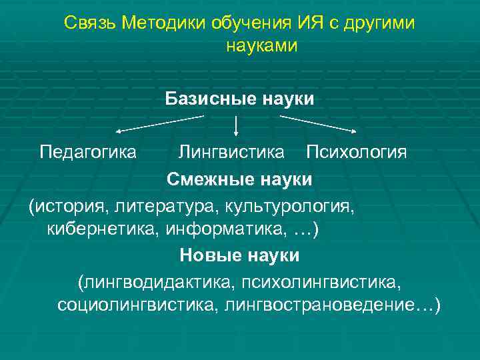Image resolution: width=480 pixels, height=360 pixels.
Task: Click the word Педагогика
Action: click(88, 153)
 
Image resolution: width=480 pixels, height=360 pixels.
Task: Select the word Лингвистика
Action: click(231, 153)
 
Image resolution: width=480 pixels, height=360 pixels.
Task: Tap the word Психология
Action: click(356, 153)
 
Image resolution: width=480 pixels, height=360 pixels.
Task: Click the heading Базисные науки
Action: click(239, 99)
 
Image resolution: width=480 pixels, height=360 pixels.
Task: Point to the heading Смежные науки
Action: click(239, 179)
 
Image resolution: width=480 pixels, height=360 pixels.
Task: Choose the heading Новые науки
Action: click(239, 255)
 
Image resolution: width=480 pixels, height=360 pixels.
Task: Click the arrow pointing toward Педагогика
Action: click(160, 124)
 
